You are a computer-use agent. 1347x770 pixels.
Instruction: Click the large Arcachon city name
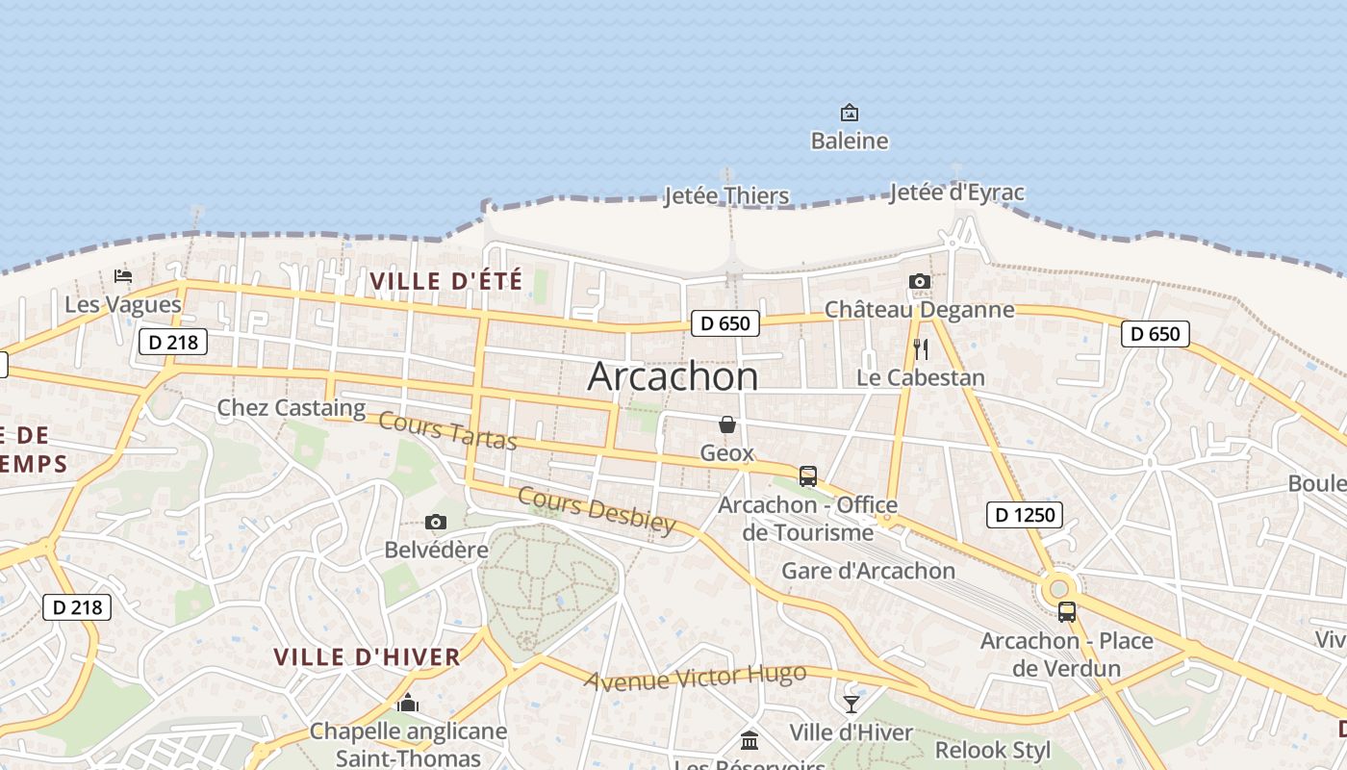pos(673,375)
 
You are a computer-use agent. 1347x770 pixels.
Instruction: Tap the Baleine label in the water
pos(849,141)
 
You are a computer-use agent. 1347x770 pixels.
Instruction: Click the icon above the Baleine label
pos(849,113)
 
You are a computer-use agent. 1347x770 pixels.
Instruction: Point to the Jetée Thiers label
pos(726,195)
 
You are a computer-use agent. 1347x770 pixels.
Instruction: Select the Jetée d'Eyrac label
pos(956,192)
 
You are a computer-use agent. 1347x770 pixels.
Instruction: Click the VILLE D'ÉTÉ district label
pos(446,281)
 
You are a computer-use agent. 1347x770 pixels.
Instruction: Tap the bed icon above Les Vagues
pos(123,276)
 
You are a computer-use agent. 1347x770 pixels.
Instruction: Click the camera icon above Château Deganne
pos(920,282)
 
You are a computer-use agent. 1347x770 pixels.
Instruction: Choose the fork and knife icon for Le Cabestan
pos(921,348)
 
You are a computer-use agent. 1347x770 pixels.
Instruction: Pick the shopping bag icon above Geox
pos(727,424)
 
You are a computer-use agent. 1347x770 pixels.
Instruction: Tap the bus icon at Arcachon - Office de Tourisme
pos(808,476)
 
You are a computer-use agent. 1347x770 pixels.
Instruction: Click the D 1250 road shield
pos(1024,515)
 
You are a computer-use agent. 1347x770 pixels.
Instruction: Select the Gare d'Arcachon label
pos(868,571)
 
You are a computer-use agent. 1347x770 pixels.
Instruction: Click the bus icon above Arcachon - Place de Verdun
pos(1066,612)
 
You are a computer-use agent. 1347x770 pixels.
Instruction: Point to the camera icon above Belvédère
pos(436,522)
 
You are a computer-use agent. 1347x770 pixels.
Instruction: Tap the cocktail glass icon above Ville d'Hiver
pos(851,705)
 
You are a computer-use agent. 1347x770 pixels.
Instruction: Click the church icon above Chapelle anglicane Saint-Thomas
pos(408,704)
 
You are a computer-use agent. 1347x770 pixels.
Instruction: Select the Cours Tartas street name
pos(447,430)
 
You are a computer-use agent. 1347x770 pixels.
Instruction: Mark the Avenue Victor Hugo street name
pos(696,678)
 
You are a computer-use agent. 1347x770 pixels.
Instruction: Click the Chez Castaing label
pos(291,407)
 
